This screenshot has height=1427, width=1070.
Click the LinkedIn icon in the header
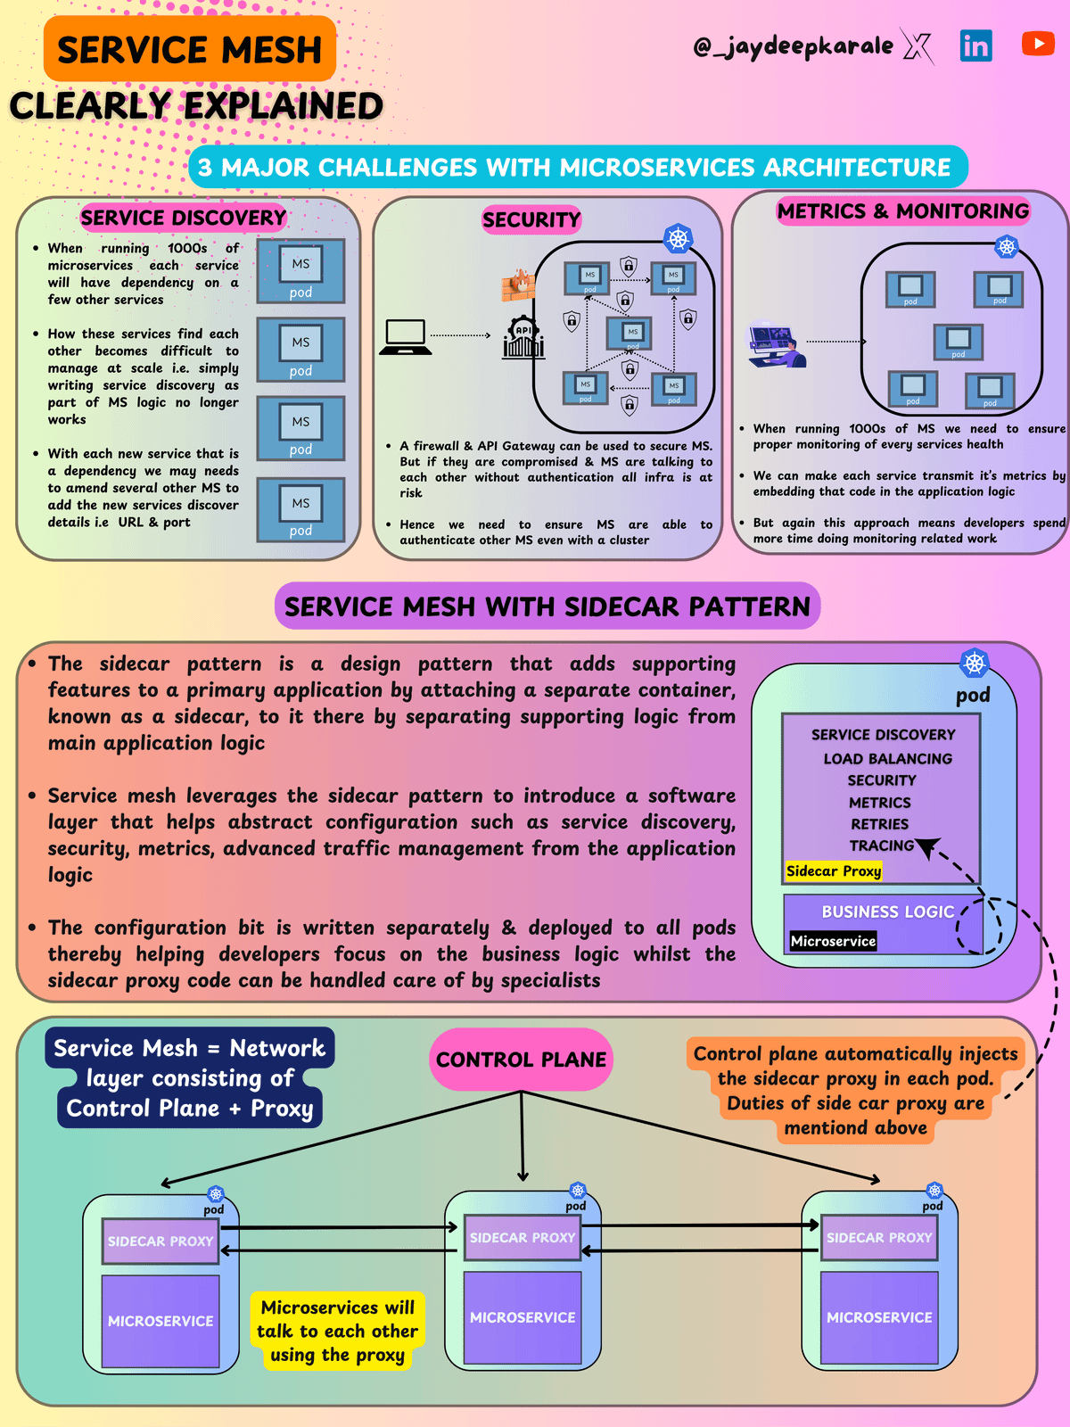(x=975, y=45)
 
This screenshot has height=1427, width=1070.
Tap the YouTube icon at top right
(x=1038, y=43)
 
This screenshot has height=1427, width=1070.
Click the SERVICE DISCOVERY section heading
(x=184, y=218)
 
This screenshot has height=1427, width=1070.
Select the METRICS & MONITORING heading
(x=903, y=211)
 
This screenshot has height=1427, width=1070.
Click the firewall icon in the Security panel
(x=518, y=285)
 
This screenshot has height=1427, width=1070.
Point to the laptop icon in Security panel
(x=405, y=337)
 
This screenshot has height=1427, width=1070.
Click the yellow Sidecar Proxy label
(x=834, y=871)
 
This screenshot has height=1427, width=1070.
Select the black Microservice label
(x=833, y=941)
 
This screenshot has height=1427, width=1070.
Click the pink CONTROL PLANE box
(x=521, y=1060)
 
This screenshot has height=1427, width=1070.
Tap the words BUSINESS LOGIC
(x=887, y=911)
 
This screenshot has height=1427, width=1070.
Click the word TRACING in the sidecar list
(x=881, y=845)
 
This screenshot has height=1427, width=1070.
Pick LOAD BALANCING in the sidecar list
(x=887, y=759)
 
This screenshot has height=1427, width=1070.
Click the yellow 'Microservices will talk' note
(x=337, y=1331)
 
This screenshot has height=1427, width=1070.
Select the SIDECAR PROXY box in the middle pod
(x=523, y=1238)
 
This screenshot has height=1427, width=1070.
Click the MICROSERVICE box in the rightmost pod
(x=879, y=1317)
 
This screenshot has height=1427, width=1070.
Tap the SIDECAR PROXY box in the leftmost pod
(x=160, y=1241)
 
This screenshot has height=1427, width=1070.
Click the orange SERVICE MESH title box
(x=190, y=49)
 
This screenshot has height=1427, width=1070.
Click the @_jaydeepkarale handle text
(x=793, y=45)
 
